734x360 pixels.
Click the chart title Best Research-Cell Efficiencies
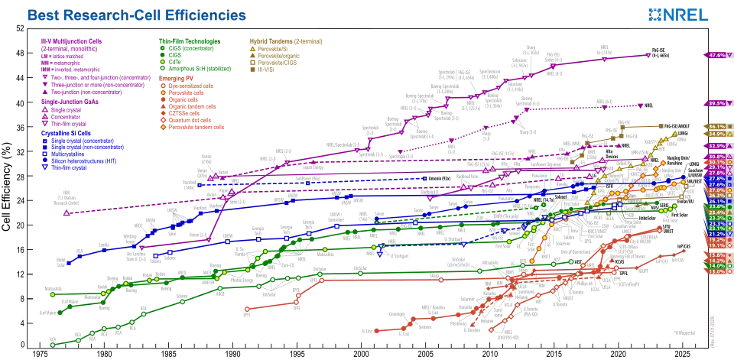click(x=138, y=15)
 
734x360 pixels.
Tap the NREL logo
click(x=677, y=15)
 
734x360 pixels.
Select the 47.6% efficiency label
click(x=716, y=56)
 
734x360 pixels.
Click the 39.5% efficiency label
click(x=716, y=103)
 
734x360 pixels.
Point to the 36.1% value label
click(x=716, y=126)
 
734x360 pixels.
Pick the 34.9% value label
click(x=716, y=134)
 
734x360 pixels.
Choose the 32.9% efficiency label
click(x=716, y=145)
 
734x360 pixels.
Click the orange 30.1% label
click(x=716, y=162)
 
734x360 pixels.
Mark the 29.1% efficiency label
click(x=716, y=168)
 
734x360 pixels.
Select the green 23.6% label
click(x=716, y=207)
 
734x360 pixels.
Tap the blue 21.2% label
click(x=716, y=234)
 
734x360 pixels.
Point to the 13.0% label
click(x=716, y=271)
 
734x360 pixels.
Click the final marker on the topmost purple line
click(x=648, y=55)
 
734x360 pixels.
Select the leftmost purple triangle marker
click(x=67, y=212)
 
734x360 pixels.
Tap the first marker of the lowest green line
click(x=52, y=345)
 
